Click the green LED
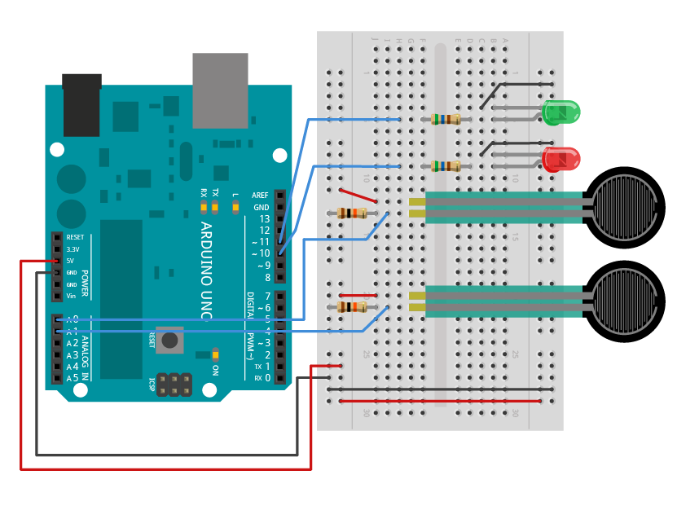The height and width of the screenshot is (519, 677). [x=561, y=112]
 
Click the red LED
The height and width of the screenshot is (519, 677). [x=561, y=159]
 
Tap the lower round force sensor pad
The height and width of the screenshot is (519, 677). [x=626, y=301]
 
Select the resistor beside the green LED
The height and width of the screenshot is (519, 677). [x=446, y=119]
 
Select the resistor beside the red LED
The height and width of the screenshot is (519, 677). [x=446, y=166]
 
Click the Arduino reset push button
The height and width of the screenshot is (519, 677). [x=169, y=340]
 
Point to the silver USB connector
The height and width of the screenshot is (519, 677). [x=220, y=90]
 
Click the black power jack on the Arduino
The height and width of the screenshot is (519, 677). [x=81, y=106]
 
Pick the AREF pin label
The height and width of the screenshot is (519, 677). [x=261, y=196]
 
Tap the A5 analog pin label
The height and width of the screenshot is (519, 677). [x=73, y=378]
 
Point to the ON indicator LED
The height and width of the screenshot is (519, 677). [x=215, y=355]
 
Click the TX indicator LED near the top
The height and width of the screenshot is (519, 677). [x=215, y=208]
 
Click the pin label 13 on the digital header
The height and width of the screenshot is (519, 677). [x=264, y=219]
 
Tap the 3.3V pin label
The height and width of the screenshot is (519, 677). [x=73, y=249]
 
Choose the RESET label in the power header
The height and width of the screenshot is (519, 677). [x=75, y=237]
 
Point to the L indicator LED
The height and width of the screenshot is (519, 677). [x=235, y=208]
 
